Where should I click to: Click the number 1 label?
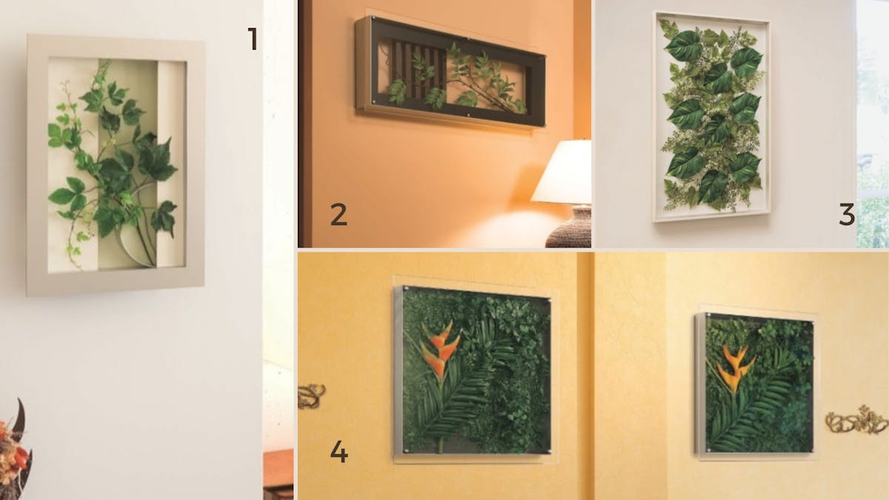(253, 39)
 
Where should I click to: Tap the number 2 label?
(339, 214)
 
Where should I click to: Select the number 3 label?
(847, 214)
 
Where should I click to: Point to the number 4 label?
(339, 452)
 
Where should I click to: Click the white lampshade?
(562, 173)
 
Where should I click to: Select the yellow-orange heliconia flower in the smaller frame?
(735, 368)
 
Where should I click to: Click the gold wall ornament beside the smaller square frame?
(856, 420)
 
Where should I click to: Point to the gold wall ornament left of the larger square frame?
(311, 396)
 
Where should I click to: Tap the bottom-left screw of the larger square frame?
(406, 451)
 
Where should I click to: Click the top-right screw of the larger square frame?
(549, 301)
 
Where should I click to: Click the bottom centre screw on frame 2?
(468, 116)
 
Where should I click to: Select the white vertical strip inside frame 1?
(171, 164)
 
